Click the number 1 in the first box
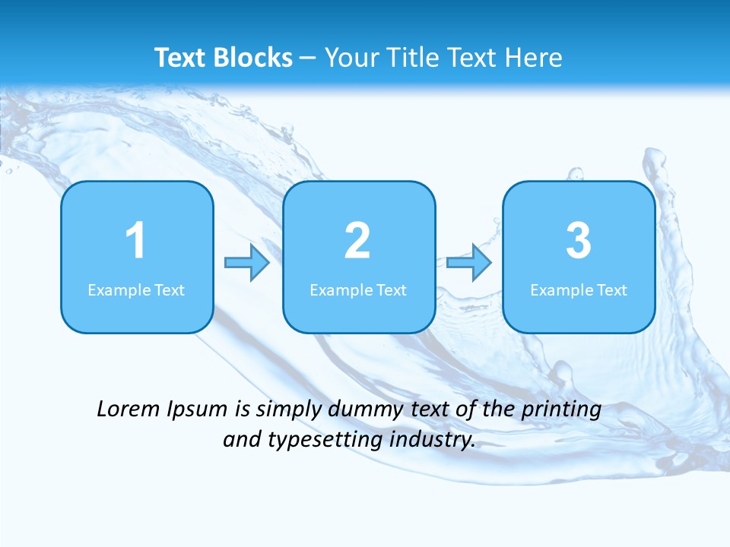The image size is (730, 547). pyautogui.click(x=136, y=241)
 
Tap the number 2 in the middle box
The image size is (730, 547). pyautogui.click(x=357, y=241)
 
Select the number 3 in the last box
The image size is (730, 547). pyautogui.click(x=579, y=241)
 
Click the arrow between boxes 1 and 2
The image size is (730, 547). pyautogui.click(x=248, y=263)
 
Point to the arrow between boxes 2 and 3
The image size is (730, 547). pyautogui.click(x=469, y=263)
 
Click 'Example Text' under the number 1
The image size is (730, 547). pyautogui.click(x=136, y=290)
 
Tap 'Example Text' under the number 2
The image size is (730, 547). pyautogui.click(x=358, y=290)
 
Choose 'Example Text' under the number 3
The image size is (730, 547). pyautogui.click(x=579, y=290)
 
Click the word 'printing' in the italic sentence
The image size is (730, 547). pyautogui.click(x=561, y=410)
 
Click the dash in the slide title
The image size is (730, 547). pyautogui.click(x=309, y=58)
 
